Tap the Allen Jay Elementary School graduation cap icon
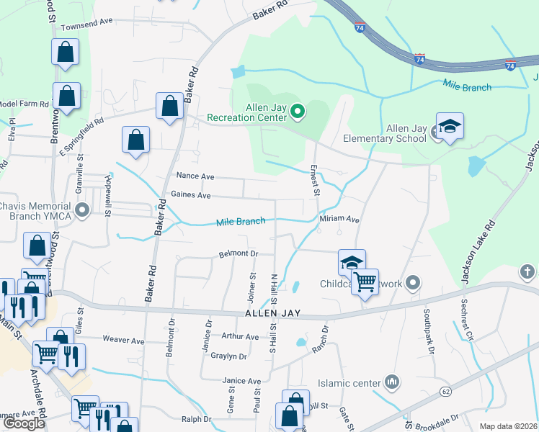450,127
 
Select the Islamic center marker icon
393,381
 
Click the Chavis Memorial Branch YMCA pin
83,211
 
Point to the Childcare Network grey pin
413,282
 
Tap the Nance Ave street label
196,176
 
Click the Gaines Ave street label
191,195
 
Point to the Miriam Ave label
339,219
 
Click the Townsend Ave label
88,23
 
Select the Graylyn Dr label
229,356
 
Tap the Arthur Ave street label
240,336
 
